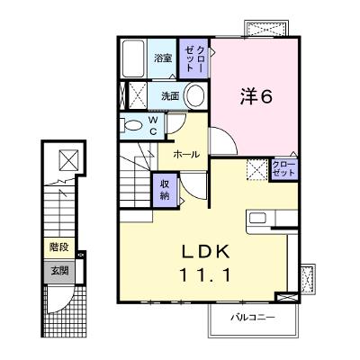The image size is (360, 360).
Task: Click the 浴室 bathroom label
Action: (163, 58)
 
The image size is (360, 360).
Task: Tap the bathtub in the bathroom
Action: (133, 58)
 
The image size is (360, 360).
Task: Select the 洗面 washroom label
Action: (170, 96)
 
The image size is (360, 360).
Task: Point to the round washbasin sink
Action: (195, 95)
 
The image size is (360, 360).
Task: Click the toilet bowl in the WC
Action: (130, 125)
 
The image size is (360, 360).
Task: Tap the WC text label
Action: (153, 126)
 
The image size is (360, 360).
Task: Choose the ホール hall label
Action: (186, 155)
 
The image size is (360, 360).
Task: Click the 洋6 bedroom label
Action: (256, 96)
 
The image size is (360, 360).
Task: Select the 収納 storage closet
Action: (165, 190)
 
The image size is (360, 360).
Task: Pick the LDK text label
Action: (206, 252)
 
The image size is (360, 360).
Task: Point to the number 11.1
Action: (205, 274)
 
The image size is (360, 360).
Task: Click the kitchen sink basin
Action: (257, 218)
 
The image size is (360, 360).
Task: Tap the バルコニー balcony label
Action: (253, 318)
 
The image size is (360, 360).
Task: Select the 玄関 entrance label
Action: (59, 271)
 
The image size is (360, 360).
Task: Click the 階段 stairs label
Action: (59, 247)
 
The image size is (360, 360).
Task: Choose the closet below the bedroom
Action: (283, 169)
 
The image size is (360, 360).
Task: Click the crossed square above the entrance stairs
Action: (68, 160)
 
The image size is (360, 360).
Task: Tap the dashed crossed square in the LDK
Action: (256, 170)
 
